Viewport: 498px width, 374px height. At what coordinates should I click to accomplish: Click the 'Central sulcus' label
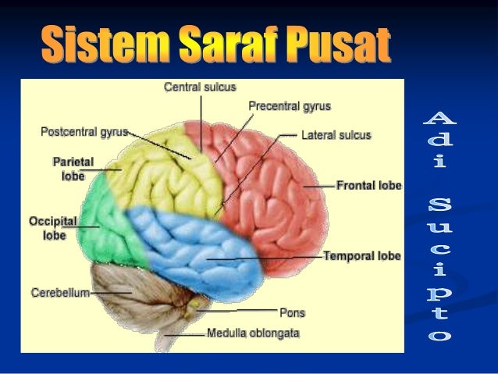pos(200,87)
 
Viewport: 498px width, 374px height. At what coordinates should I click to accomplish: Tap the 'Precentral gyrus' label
pos(290,105)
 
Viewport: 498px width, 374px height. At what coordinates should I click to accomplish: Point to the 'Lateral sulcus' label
pos(337,134)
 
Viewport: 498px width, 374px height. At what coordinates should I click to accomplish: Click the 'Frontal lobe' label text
pos(369,186)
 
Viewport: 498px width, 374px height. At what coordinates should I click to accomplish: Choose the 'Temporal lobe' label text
pos(362,255)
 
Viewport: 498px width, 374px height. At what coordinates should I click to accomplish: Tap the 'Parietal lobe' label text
pos(73,169)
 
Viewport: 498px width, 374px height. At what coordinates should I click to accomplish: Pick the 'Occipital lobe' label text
pos(54,227)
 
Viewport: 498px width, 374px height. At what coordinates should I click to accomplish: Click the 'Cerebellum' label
pos(60,293)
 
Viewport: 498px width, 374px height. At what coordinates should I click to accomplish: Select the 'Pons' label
pos(292,312)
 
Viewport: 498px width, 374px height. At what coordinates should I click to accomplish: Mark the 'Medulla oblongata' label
pos(253,333)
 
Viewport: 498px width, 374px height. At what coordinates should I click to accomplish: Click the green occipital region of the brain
pos(113,226)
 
